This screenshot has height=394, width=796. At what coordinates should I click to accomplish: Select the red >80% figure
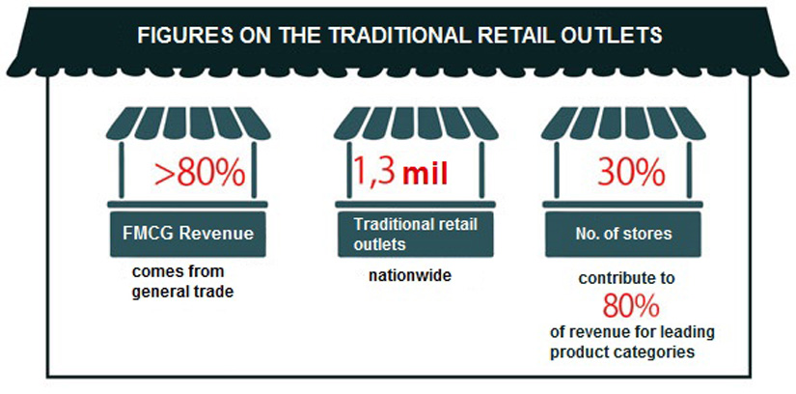[200, 174]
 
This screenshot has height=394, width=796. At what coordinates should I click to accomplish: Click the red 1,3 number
[373, 173]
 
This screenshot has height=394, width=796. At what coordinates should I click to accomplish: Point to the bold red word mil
[425, 175]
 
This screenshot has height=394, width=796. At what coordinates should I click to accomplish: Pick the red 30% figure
[631, 175]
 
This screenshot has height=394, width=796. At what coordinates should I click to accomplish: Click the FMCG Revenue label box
[188, 235]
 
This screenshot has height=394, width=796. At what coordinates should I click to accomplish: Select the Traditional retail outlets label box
[416, 235]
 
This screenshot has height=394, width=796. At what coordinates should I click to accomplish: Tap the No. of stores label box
[623, 235]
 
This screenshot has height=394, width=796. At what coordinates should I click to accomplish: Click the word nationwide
[410, 276]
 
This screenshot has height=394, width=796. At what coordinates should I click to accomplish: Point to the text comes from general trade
[182, 282]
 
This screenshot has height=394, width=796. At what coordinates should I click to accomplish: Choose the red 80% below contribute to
[631, 306]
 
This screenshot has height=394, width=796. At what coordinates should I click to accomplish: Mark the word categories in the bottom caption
[658, 352]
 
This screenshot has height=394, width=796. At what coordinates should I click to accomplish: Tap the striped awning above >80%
[188, 123]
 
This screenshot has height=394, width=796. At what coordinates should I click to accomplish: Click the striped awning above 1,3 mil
[416, 123]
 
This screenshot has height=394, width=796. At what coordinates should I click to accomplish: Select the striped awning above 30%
[623, 123]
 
